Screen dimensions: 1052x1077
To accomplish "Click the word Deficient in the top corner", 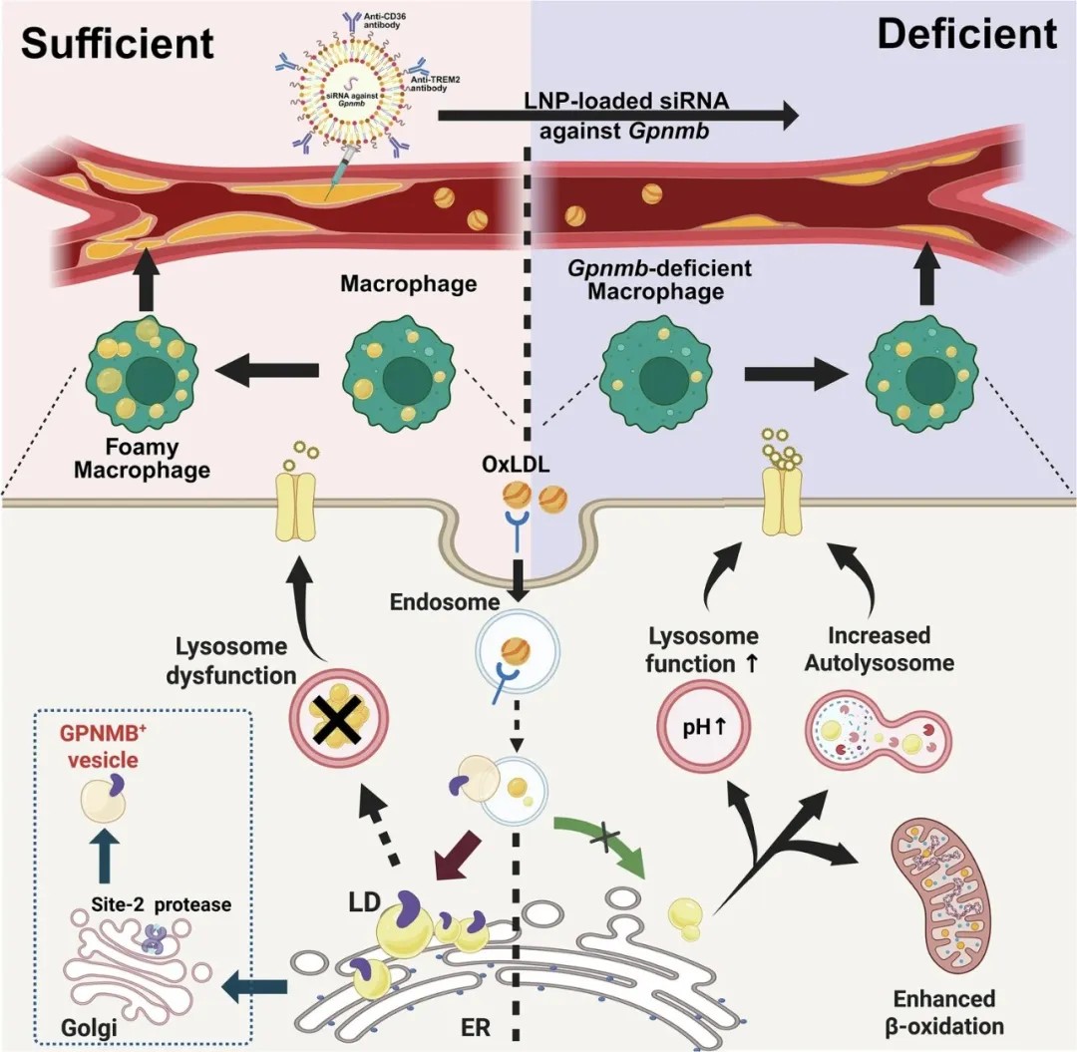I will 966,35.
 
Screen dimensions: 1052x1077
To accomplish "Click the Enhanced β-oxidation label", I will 943,1011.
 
